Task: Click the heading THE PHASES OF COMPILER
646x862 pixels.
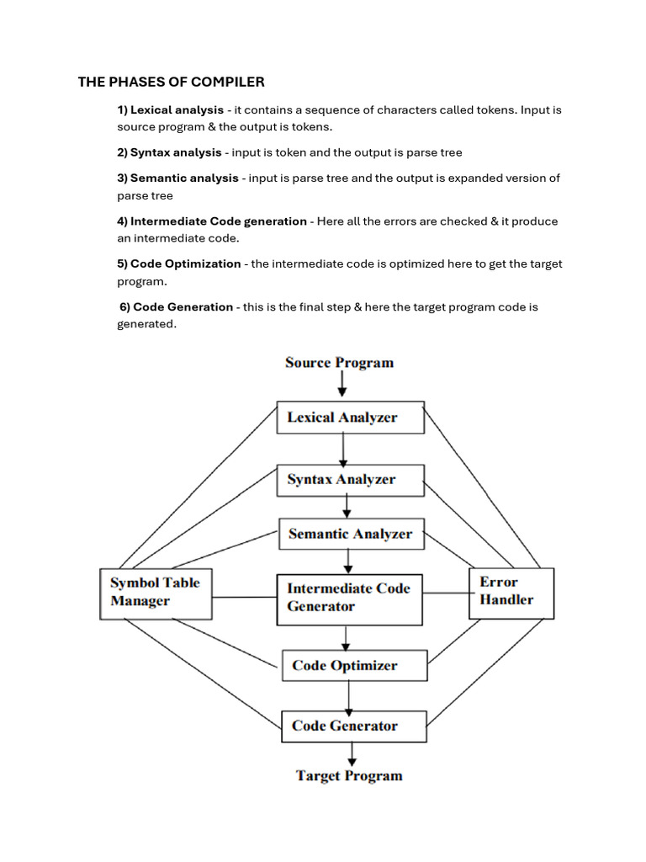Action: pyautogui.click(x=172, y=82)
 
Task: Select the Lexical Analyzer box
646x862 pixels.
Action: pyautogui.click(x=350, y=418)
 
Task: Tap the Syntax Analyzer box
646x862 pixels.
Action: pyautogui.click(x=350, y=480)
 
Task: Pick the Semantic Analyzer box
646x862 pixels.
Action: pyautogui.click(x=351, y=534)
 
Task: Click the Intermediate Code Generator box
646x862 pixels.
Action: pyautogui.click(x=349, y=599)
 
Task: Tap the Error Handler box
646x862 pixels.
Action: pyautogui.click(x=511, y=592)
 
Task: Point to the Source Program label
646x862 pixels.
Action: pyautogui.click(x=339, y=363)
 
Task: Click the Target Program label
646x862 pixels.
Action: pyautogui.click(x=349, y=776)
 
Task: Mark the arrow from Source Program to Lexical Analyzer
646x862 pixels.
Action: pyautogui.click(x=342, y=386)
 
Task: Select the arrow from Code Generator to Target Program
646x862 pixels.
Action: pyautogui.click(x=351, y=754)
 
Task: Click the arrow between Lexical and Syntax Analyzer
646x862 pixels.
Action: pyautogui.click(x=343, y=450)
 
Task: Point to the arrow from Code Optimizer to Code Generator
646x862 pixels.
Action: pyautogui.click(x=349, y=695)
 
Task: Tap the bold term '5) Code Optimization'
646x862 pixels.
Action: pyautogui.click(x=179, y=264)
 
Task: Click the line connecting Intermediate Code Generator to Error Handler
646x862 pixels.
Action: pyautogui.click(x=445, y=593)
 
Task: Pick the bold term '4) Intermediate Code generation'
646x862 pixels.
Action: pyautogui.click(x=212, y=221)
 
